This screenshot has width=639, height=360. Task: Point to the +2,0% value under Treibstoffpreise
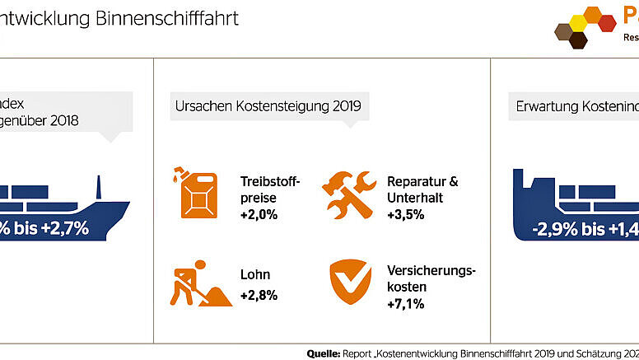point(259,215)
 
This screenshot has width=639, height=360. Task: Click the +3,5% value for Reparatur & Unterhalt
point(405,215)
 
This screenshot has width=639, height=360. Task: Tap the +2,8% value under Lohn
point(259,295)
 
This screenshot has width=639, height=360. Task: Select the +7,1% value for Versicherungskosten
point(405,304)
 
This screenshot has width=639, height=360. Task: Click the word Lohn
point(255,275)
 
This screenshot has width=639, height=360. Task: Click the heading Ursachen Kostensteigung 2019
point(267,106)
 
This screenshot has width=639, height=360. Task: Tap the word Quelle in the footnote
point(324,353)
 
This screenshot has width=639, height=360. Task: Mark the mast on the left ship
point(100,187)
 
